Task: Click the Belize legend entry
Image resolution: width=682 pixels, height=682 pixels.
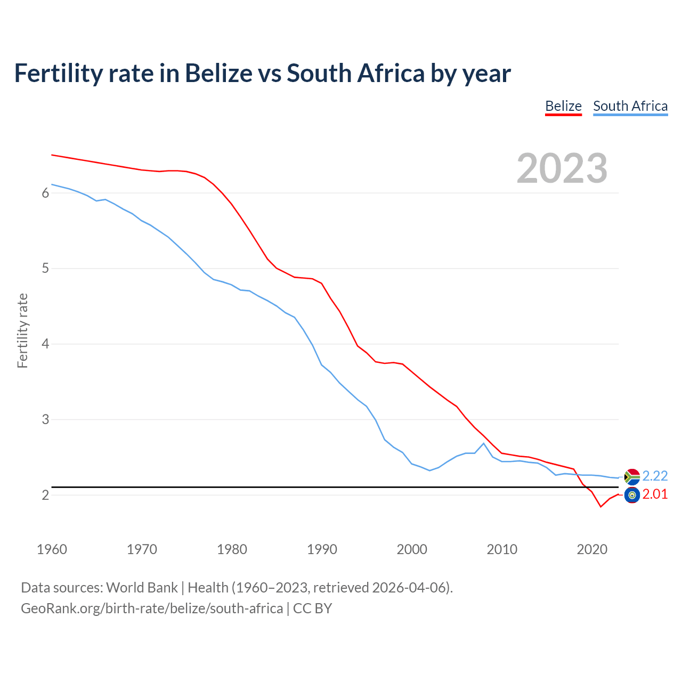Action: pyautogui.click(x=563, y=106)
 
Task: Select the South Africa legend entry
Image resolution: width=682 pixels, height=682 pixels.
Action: pyautogui.click(x=630, y=106)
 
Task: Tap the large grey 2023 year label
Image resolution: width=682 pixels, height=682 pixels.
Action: pyautogui.click(x=562, y=168)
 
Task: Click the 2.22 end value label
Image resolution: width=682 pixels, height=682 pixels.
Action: pyautogui.click(x=655, y=476)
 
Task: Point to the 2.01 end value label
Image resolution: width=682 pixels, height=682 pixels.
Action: pyautogui.click(x=655, y=494)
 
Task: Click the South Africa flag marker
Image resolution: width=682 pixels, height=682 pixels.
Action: pyautogui.click(x=632, y=476)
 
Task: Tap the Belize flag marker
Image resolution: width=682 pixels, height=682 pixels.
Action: pyautogui.click(x=632, y=495)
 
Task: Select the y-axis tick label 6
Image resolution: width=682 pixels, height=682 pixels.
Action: pyautogui.click(x=45, y=193)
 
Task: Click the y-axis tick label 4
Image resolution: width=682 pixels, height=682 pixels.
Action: pyautogui.click(x=45, y=344)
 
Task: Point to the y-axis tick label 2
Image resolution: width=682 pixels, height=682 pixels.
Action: pyautogui.click(x=45, y=495)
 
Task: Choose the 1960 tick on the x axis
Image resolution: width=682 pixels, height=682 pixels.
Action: pyautogui.click(x=52, y=549)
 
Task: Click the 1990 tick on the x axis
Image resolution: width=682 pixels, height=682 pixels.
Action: pyautogui.click(x=322, y=549)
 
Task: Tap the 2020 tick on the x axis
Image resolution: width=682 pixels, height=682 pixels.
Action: pyautogui.click(x=592, y=549)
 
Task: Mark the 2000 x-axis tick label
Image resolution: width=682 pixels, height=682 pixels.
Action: pyautogui.click(x=412, y=549)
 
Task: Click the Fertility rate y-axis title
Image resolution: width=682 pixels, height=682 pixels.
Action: pyautogui.click(x=22, y=330)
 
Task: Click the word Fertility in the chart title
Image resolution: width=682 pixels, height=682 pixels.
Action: pyautogui.click(x=58, y=73)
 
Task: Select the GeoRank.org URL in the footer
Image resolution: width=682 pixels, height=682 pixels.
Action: pyautogui.click(x=152, y=608)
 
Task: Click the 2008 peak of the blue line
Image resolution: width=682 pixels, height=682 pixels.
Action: pyautogui.click(x=484, y=443)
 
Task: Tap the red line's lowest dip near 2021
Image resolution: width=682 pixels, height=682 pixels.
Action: pyautogui.click(x=600, y=507)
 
